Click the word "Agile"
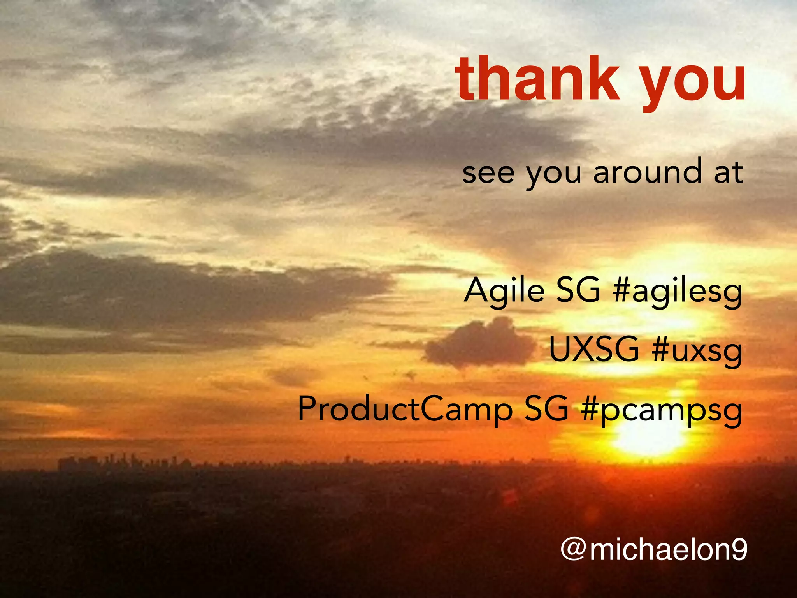pos(504,291)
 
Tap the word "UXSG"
pos(594,350)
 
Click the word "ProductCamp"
pos(405,410)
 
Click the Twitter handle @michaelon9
pos(654,550)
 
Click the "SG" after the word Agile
pos(578,290)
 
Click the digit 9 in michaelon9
pos(737,550)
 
